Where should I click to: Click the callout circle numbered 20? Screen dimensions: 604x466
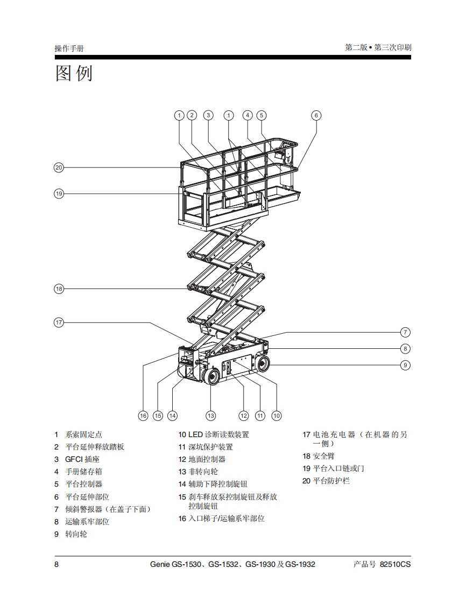click(x=59, y=167)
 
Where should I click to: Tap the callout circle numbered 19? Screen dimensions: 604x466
click(x=59, y=193)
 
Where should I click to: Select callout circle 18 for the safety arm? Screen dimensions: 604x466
click(x=59, y=289)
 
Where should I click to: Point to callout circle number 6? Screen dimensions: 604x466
click(x=316, y=115)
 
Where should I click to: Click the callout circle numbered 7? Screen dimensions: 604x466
click(x=406, y=332)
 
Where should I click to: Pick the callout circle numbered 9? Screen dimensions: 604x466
click(x=406, y=365)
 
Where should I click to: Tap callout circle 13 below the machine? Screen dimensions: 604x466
click(x=210, y=416)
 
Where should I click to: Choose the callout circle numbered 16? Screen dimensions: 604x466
click(x=143, y=416)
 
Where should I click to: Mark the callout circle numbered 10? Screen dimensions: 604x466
click(x=277, y=416)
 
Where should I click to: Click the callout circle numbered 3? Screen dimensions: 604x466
click(x=208, y=115)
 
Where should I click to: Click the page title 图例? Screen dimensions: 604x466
click(x=74, y=73)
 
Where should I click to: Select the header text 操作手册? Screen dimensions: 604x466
click(x=69, y=48)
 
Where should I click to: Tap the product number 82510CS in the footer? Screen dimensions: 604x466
click(x=395, y=565)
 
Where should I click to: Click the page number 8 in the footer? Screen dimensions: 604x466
click(x=57, y=565)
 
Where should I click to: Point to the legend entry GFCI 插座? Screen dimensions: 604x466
click(x=82, y=459)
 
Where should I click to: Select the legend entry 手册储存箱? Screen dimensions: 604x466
click(x=83, y=472)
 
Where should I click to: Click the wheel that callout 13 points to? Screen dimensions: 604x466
click(x=211, y=377)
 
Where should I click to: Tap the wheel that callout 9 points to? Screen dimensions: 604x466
click(x=263, y=364)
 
